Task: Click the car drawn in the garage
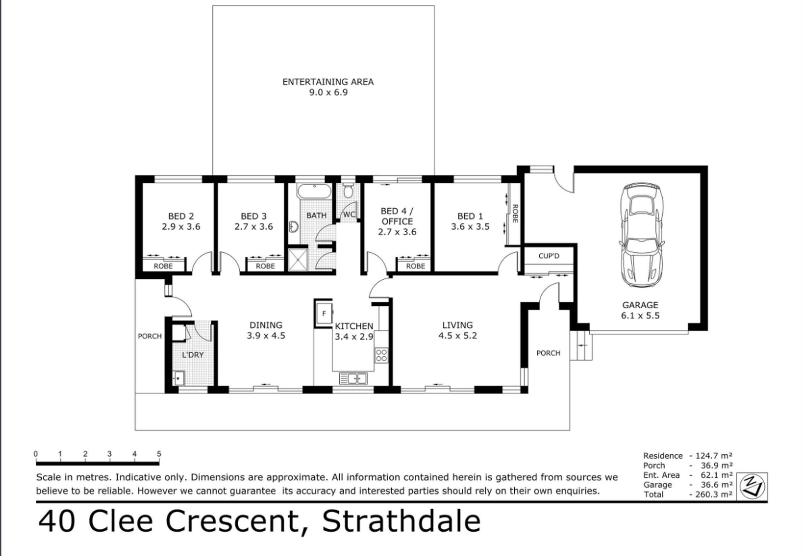tap(641, 236)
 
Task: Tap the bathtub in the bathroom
tap(314, 191)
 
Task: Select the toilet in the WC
tap(348, 191)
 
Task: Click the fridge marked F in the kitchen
tap(324, 313)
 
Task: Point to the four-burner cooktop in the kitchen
tap(381, 355)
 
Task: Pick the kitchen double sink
tap(353, 378)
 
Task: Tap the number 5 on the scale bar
tap(159, 454)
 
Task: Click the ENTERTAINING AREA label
tap(328, 82)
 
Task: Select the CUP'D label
tap(549, 256)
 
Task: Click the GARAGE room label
tap(640, 305)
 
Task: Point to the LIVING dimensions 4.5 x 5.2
tap(457, 336)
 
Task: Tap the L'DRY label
tap(193, 355)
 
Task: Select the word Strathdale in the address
tap(401, 521)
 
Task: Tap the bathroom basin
tap(293, 226)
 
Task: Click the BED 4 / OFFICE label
tap(397, 216)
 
